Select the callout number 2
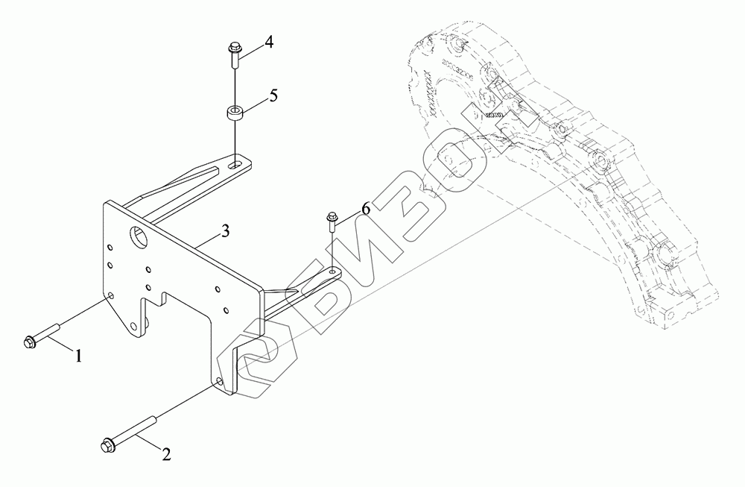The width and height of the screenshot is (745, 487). [x=167, y=453]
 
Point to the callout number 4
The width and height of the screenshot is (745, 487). [x=268, y=42]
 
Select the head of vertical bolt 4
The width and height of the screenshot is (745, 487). [x=230, y=51]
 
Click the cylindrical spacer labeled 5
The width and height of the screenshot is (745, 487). [x=235, y=114]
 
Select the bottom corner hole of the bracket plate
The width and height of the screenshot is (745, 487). [x=218, y=382]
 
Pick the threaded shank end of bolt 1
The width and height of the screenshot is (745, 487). [x=58, y=326]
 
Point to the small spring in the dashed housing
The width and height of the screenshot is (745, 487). [x=495, y=114]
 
